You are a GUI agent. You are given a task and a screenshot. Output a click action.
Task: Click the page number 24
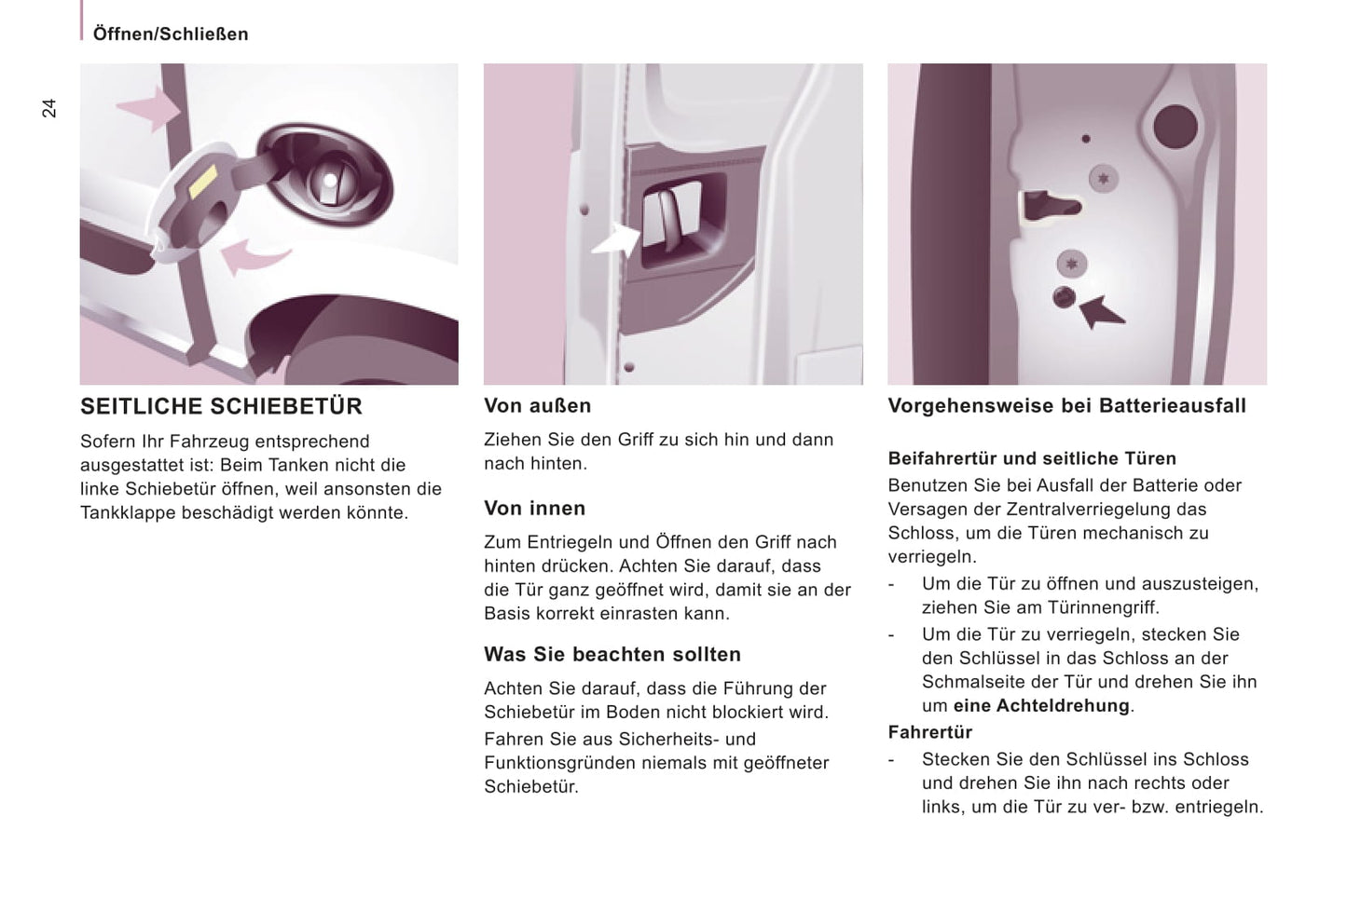(49, 108)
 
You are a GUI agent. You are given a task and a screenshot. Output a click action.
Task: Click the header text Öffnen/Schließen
(171, 34)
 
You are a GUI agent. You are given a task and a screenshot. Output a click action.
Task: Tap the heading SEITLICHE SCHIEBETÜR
(221, 406)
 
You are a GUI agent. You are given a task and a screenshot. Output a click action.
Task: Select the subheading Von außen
(537, 406)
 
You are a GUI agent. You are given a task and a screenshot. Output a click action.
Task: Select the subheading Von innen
(534, 509)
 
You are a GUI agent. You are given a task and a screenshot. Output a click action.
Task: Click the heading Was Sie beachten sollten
(612, 655)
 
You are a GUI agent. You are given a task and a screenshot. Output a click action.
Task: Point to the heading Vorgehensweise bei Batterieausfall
(1066, 406)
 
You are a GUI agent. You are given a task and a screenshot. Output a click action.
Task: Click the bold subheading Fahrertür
(929, 732)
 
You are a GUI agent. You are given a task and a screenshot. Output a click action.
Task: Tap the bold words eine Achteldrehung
(1040, 706)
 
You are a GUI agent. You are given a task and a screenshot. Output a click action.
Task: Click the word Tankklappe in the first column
(126, 513)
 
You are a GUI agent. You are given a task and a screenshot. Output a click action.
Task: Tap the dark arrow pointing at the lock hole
(1102, 312)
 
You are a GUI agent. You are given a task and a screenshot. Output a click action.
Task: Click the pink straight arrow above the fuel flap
(149, 109)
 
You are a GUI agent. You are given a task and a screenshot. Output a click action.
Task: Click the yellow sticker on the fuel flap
(203, 182)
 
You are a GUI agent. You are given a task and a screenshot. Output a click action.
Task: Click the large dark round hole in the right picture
(1175, 127)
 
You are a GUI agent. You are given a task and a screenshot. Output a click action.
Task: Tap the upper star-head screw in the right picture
(1104, 178)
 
